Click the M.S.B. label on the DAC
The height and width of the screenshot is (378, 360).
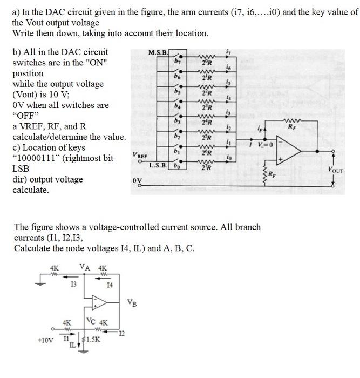pyautogui.click(x=159, y=52)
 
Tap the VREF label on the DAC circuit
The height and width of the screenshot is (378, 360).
pyautogui.click(x=139, y=155)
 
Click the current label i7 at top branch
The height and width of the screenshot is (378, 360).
pyautogui.click(x=229, y=52)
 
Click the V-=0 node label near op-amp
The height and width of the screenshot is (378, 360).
pyautogui.click(x=264, y=145)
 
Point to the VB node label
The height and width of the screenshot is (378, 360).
pyautogui.click(x=132, y=303)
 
